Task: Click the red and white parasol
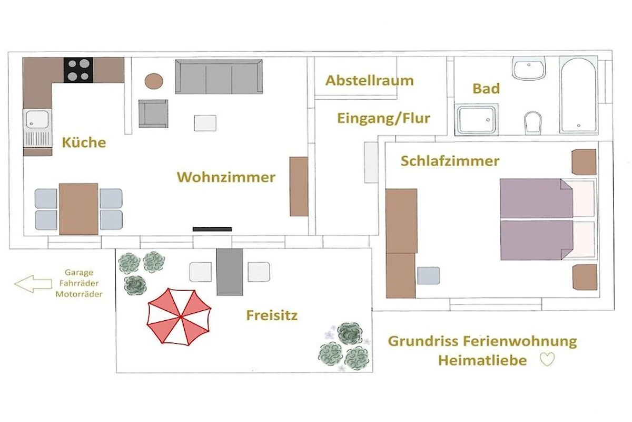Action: (179, 316)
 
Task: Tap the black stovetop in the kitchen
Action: (78, 70)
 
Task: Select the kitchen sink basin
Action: (37, 119)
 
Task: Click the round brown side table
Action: (154, 81)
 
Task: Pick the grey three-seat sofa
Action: (219, 76)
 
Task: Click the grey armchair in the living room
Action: (153, 113)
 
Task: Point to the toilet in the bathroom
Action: (532, 123)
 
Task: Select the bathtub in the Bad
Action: (578, 95)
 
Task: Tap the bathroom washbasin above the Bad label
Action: (529, 68)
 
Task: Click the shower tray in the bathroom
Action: (476, 120)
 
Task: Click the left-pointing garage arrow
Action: (33, 283)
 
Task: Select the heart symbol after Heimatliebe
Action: (547, 359)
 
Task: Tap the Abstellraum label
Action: (370, 81)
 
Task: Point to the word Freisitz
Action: (272, 315)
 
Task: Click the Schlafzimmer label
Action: (450, 161)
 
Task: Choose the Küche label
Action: (84, 142)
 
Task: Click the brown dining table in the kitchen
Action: (78, 209)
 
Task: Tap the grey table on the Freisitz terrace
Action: (230, 272)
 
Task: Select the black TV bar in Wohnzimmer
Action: (212, 229)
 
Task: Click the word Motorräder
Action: (79, 294)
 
